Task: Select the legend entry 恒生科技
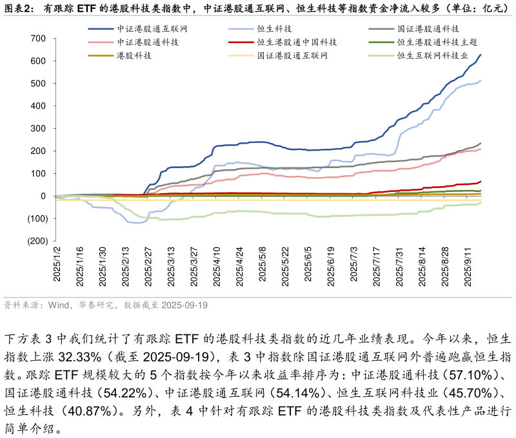point(274,29)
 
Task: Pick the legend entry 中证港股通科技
point(148,43)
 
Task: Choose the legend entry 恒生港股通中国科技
point(297,43)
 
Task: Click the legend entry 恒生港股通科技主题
point(437,43)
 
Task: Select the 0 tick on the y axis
point(43,196)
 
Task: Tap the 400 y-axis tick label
point(37,106)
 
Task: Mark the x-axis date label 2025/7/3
point(353,263)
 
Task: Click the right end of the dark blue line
point(481,55)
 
